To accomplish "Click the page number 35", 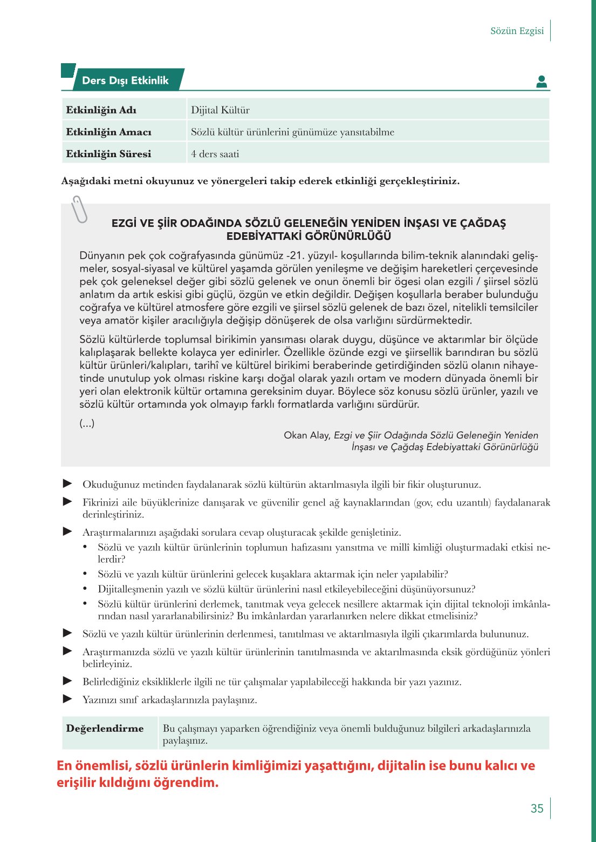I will [537, 809].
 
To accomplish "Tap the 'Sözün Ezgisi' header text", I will [517, 31].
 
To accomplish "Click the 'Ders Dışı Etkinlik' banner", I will [125, 80].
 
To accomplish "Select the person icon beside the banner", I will [542, 82].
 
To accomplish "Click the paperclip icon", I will [79, 210].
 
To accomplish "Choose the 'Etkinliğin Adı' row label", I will [101, 110].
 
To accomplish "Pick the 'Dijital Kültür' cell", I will [220, 110].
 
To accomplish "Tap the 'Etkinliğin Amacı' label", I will [108, 132].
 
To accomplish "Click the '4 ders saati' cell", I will [215, 154].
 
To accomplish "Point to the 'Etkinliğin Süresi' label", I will [108, 154].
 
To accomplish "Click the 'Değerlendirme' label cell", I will [105, 729].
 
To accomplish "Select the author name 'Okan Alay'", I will [306, 435].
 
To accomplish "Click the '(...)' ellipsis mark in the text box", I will [87, 423].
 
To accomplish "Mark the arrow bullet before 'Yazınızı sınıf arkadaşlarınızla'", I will [67, 699].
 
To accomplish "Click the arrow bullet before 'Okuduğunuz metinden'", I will [67, 483].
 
